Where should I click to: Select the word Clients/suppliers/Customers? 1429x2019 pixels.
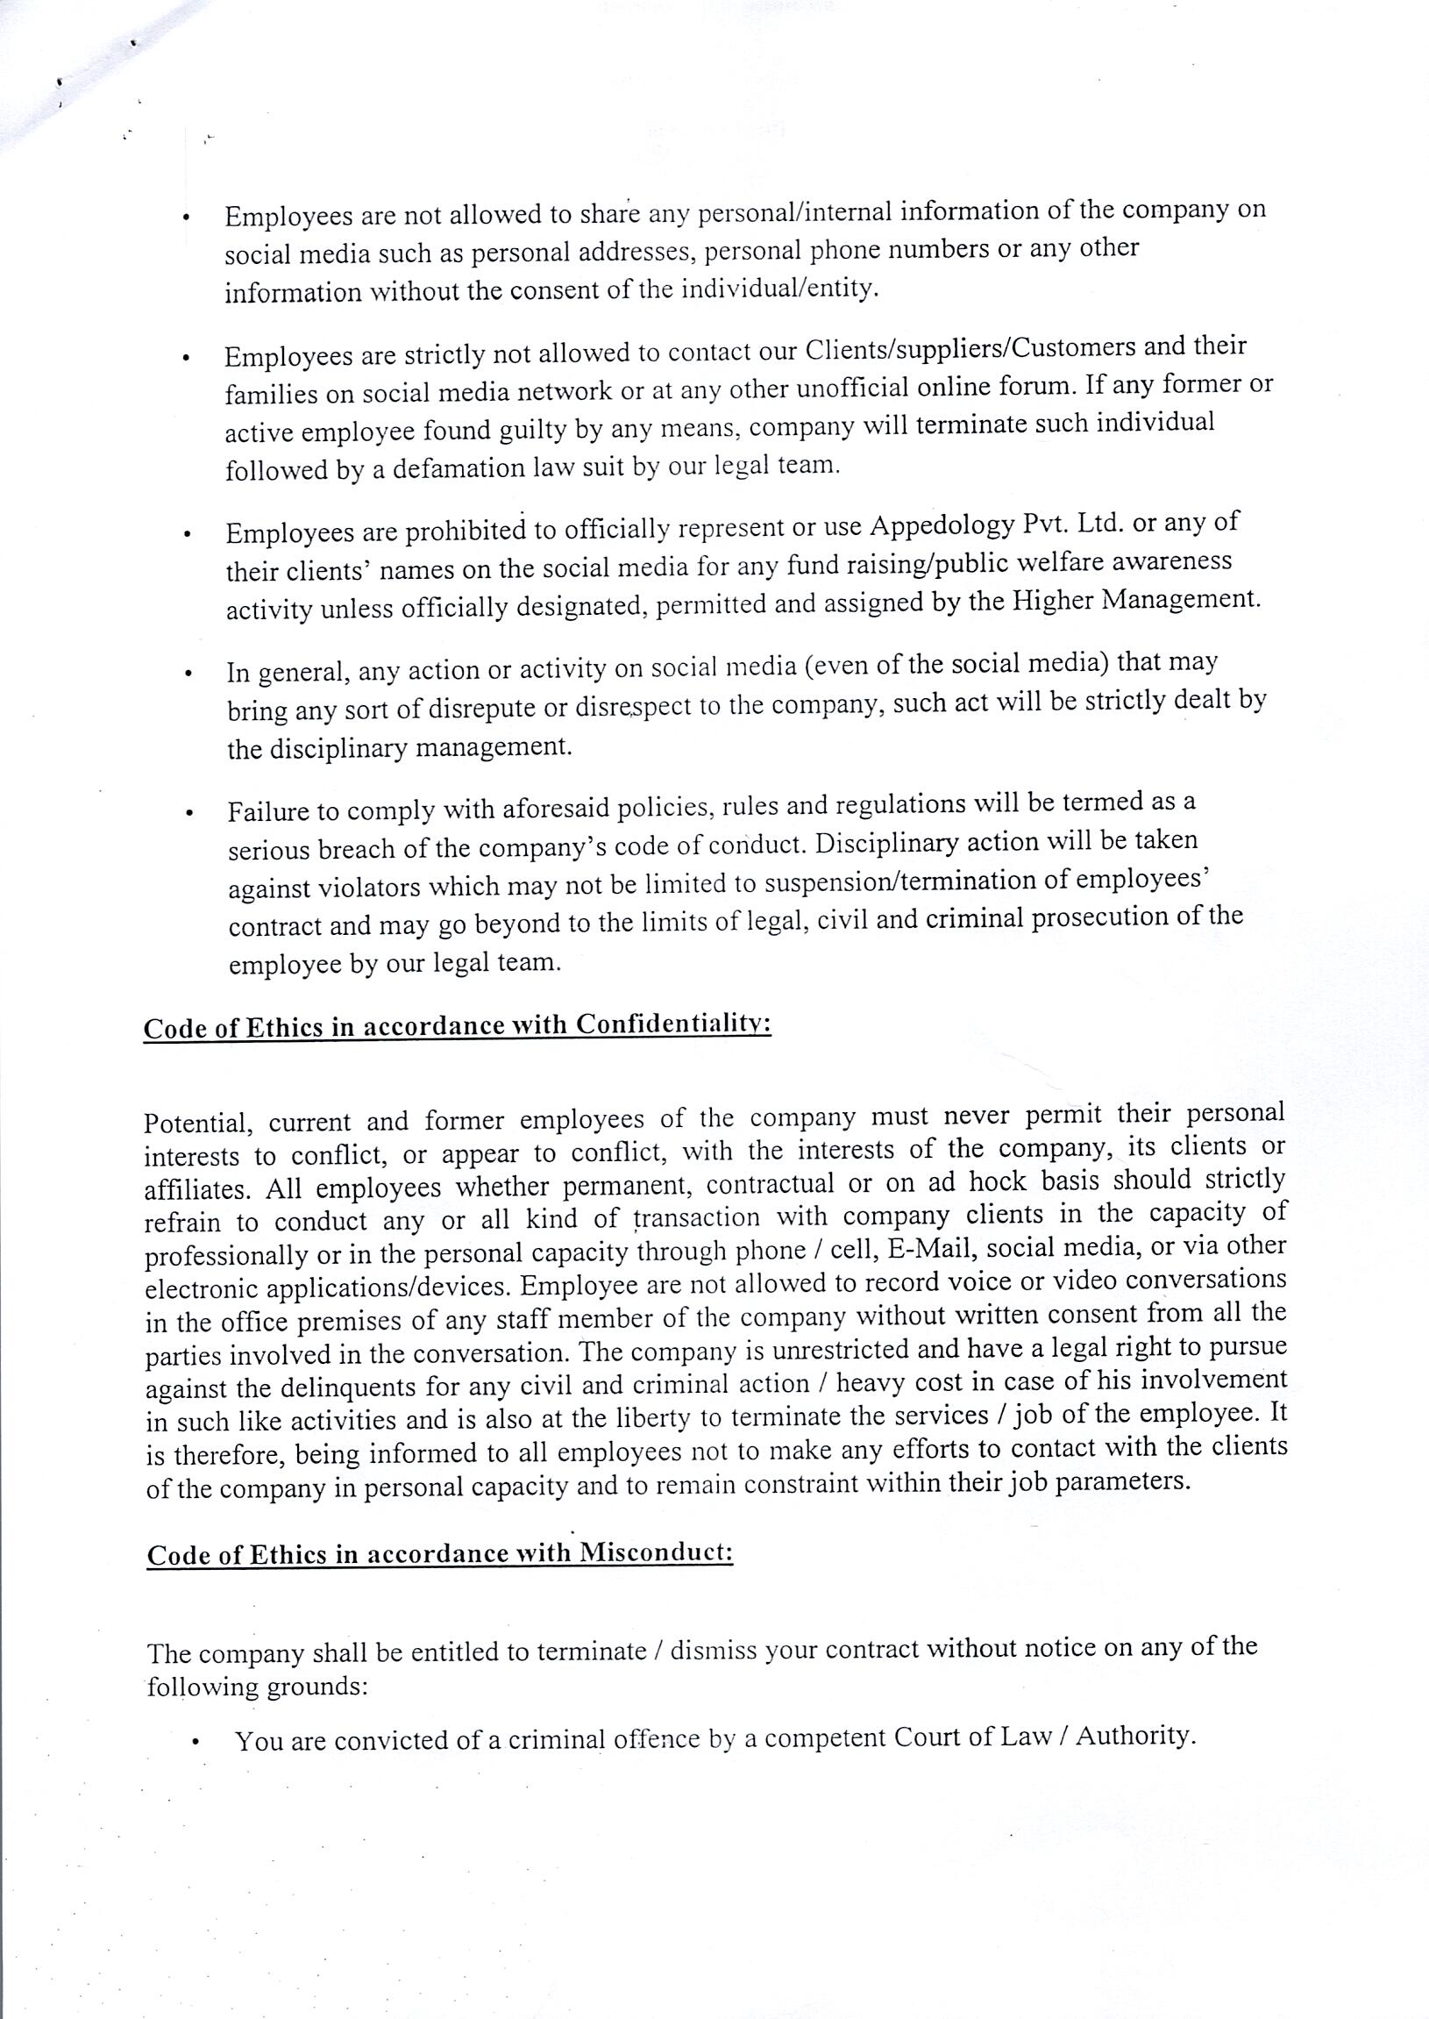coord(970,348)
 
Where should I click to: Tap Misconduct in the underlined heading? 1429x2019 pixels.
coord(656,1552)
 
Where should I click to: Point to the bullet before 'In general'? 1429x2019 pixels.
coord(188,675)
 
